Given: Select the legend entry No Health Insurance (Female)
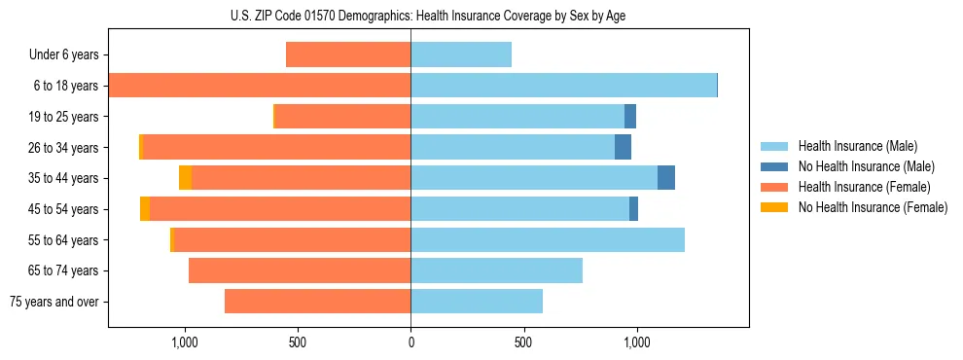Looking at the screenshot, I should click(873, 207).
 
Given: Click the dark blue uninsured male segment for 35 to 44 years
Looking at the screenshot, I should click(666, 178).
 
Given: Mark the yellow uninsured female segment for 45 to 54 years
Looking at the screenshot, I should click(145, 209).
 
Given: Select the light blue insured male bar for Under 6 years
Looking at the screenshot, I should click(461, 55).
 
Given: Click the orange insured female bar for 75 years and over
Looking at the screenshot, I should click(317, 302).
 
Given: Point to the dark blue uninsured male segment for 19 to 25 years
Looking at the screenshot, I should click(630, 117).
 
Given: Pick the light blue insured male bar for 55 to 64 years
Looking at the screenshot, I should click(548, 239).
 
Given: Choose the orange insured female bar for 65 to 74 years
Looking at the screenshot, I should click(300, 270).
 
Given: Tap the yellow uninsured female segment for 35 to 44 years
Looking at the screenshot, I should click(185, 178).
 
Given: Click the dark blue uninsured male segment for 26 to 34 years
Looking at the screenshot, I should click(623, 148).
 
